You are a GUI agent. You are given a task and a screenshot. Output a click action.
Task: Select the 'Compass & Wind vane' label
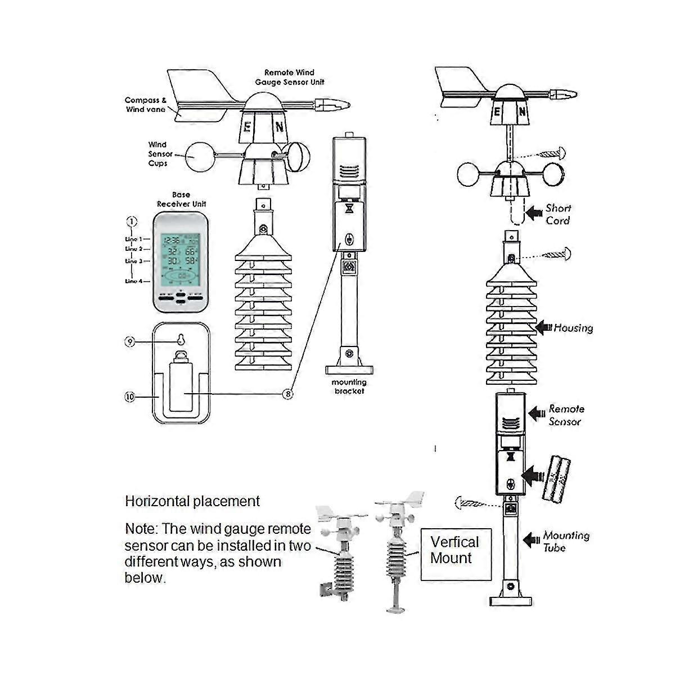[x=146, y=105]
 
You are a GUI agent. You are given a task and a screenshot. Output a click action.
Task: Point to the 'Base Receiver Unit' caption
[x=181, y=199]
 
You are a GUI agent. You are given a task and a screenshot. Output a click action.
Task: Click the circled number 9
[x=130, y=341]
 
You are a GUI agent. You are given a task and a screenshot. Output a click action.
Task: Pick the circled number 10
[x=130, y=397]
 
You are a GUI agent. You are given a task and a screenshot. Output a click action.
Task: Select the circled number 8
[x=288, y=394]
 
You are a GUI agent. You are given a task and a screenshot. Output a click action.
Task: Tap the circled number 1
[x=131, y=222]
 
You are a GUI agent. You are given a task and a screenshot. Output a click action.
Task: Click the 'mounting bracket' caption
[x=349, y=386]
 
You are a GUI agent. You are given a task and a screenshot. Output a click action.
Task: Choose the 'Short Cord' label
[x=558, y=214]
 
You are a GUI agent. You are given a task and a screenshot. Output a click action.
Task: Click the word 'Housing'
[x=573, y=328]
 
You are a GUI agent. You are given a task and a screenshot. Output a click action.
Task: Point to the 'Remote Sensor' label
[x=566, y=415]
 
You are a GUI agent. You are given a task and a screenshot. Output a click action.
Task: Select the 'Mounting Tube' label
[x=565, y=541]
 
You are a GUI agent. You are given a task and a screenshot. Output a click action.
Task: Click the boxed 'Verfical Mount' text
[x=455, y=551]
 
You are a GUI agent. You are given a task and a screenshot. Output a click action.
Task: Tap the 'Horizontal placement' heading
[x=192, y=501]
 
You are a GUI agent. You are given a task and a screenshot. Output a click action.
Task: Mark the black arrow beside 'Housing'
[x=543, y=328]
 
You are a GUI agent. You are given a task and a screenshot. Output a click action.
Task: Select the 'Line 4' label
[x=134, y=281]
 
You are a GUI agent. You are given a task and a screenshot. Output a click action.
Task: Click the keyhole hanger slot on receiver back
[x=181, y=340]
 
